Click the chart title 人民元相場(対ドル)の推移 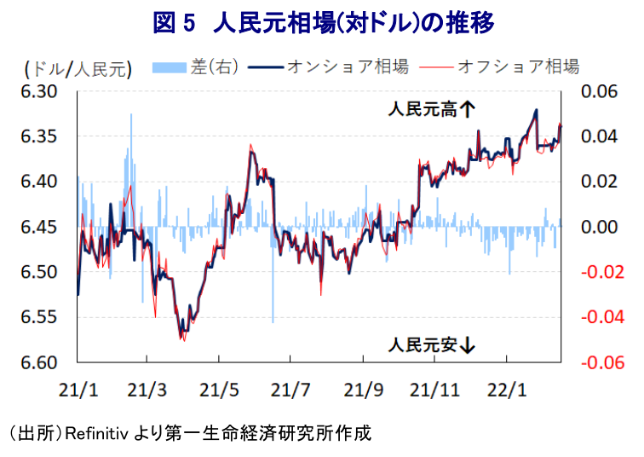(x=322, y=23)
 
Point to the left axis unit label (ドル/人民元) (x=77, y=67)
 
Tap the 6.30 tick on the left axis (x=38, y=91)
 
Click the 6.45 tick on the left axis (x=38, y=227)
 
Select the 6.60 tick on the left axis (x=38, y=362)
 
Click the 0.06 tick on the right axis (x=600, y=91)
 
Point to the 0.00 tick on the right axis (x=600, y=227)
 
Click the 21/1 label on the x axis (x=78, y=390)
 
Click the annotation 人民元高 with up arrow (x=431, y=108)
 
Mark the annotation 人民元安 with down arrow (x=431, y=345)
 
